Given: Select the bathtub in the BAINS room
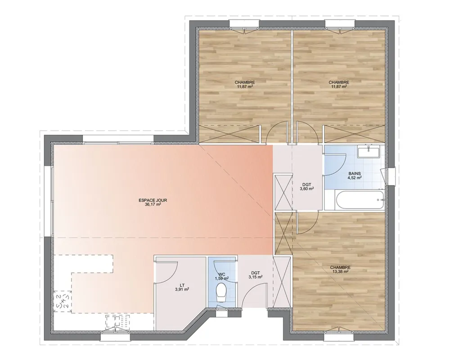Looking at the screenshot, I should point(358,200).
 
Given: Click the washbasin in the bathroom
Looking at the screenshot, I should point(369,151).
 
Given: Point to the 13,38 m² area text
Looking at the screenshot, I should point(340,272).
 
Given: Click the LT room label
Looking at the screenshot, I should point(182,285).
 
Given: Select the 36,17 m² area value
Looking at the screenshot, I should point(153,204).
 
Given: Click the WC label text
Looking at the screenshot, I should point(222,274).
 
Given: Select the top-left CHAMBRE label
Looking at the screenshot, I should point(245,82).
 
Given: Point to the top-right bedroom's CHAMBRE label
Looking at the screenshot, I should point(338,82).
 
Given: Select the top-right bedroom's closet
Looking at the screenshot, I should point(355,135).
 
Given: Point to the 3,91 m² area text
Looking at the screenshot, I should point(182,289).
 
